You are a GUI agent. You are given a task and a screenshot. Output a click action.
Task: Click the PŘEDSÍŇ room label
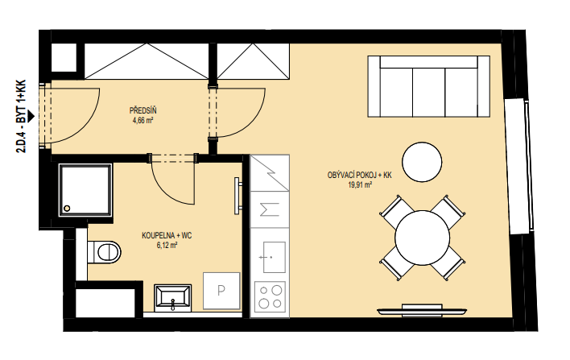tap(142, 110)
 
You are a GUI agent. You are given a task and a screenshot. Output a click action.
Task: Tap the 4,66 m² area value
tap(142, 120)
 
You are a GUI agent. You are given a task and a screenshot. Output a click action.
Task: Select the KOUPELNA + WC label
tap(167, 236)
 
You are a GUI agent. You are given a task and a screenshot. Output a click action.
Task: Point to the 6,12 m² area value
tap(167, 246)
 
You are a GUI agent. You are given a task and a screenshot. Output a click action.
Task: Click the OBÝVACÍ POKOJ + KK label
tap(360, 176)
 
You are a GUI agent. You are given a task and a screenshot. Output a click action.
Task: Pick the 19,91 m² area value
tap(360, 184)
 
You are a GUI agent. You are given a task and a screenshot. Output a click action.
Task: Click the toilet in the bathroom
tap(104, 251)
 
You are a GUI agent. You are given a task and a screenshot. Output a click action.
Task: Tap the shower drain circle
tap(67, 209)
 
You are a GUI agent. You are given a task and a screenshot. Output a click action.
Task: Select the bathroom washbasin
tap(173, 298)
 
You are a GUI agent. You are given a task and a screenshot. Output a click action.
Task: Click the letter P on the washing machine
tap(221, 291)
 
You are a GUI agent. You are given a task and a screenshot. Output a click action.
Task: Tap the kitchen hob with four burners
tap(270, 296)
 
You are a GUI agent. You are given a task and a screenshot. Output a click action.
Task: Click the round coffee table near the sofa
tap(422, 162)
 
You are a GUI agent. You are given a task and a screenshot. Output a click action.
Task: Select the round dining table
tap(422, 238)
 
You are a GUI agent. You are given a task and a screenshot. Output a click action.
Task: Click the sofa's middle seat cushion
tap(429, 92)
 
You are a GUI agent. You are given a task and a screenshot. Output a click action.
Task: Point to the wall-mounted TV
tap(422, 311)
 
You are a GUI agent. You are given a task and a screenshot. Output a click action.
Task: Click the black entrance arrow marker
tap(31, 116)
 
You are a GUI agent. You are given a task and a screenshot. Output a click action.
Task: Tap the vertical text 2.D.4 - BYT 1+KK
tap(22, 116)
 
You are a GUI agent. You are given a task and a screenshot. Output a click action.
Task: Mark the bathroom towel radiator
tap(237, 196)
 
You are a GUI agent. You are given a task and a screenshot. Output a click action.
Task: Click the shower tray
tap(85, 190)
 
